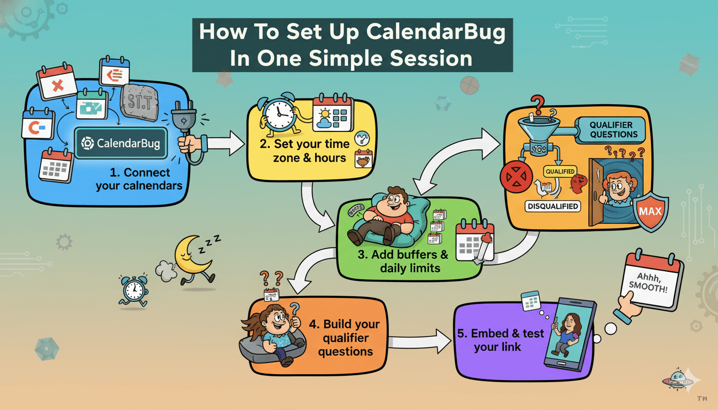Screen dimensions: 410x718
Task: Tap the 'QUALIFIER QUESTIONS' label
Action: (x=613, y=130)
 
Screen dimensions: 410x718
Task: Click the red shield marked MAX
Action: (x=650, y=210)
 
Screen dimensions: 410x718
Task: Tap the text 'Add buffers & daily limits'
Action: (x=402, y=261)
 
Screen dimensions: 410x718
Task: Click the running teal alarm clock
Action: (x=132, y=290)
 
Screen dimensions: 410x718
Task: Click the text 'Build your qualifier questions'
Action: (x=344, y=337)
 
